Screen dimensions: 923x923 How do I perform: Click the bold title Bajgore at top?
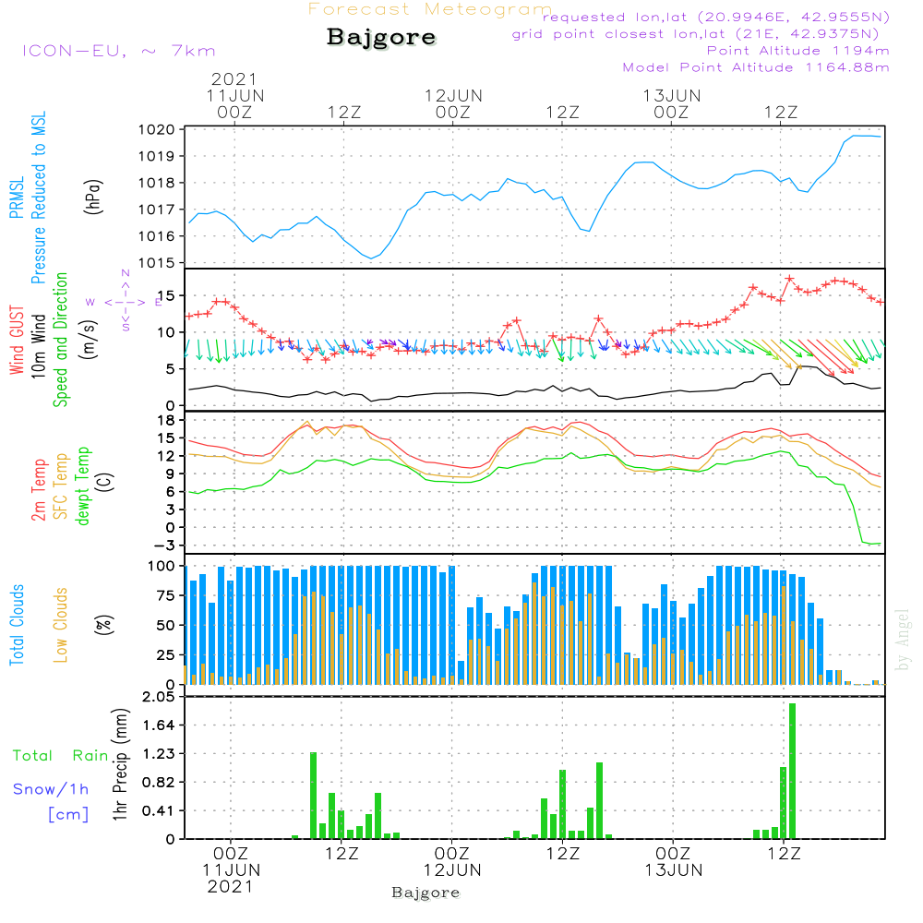(381, 38)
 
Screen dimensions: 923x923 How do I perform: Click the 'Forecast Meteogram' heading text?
(430, 10)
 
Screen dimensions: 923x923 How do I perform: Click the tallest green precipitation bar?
(792, 771)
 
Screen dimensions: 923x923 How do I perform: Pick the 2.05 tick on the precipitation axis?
(157, 697)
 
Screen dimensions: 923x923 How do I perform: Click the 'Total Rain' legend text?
(60, 755)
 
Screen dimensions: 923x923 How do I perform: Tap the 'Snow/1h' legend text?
(51, 789)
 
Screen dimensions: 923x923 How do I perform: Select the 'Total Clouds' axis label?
(17, 625)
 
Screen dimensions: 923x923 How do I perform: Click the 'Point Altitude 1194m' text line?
(797, 51)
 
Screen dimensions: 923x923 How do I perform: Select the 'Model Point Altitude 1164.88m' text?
(756, 67)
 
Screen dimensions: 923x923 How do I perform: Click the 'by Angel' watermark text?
(904, 640)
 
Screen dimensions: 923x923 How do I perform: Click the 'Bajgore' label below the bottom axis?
(426, 893)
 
